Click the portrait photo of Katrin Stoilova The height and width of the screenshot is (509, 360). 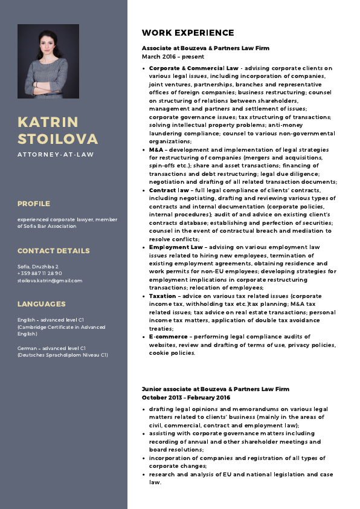click(48, 61)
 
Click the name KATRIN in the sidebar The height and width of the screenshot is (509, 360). click(48, 122)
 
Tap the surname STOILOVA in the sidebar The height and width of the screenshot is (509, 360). click(57, 139)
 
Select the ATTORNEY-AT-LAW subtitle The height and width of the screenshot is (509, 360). click(56, 155)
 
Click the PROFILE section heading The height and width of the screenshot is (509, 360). click(34, 204)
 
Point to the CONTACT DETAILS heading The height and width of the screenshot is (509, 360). click(53, 251)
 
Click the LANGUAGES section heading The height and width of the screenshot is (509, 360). click(41, 304)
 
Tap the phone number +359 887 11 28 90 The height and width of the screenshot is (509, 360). click(40, 273)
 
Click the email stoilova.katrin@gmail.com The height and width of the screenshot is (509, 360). click(50, 280)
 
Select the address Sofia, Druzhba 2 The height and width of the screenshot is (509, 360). click(37, 266)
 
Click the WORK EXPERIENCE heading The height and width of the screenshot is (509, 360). click(188, 33)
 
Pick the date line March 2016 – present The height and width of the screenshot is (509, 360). click(172, 56)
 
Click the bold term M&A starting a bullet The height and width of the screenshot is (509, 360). click(156, 149)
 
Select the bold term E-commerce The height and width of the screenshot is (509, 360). click(168, 336)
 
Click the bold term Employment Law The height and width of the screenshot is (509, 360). click(176, 247)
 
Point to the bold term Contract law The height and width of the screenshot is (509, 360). click(169, 190)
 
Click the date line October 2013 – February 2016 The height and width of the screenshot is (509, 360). click(186, 398)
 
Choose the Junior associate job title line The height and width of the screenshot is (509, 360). click(216, 389)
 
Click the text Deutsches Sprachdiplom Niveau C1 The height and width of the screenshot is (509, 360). click(62, 355)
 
